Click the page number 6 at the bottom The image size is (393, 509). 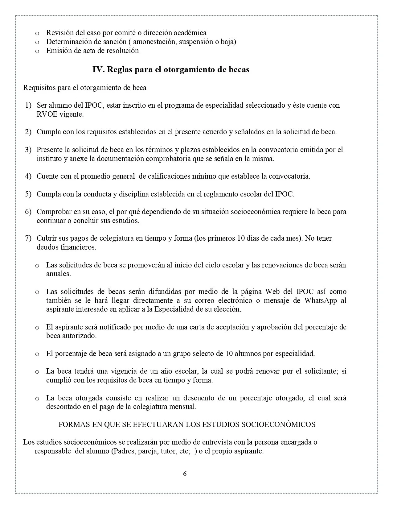185,474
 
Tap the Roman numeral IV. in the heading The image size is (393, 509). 99,70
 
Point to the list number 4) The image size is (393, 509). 28,176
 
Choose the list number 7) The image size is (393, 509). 28,238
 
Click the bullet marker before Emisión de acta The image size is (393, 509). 37,51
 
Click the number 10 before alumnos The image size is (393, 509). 229,354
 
